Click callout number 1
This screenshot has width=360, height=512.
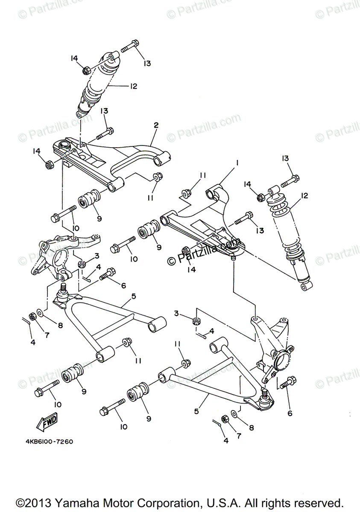(236, 163)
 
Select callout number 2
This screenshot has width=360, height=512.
(156, 125)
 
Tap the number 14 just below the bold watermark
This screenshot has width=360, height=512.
(190, 270)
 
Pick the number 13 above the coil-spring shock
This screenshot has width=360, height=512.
(285, 158)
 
